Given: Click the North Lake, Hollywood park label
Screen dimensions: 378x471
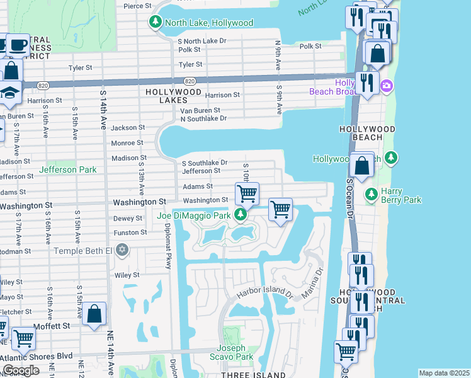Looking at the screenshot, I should tap(208, 23).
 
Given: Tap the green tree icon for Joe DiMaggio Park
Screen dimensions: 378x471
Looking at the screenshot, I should tap(240, 215).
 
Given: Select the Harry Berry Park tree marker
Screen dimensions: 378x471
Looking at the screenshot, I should tap(372, 192).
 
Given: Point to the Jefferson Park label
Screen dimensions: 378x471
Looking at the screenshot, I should tap(67, 169).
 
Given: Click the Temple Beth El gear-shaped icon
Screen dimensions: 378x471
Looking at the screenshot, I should tap(123, 250).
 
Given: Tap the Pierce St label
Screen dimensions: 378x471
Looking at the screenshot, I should tap(138, 6).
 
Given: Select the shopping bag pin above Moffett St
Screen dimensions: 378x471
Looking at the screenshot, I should tap(94, 314).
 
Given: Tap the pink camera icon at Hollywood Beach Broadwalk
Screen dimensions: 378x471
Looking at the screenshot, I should tap(386, 86).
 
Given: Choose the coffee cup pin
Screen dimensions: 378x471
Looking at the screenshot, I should tap(18, 45).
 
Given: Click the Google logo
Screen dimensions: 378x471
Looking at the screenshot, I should tap(21, 370).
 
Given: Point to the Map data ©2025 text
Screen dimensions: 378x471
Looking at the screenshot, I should tap(443, 373).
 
